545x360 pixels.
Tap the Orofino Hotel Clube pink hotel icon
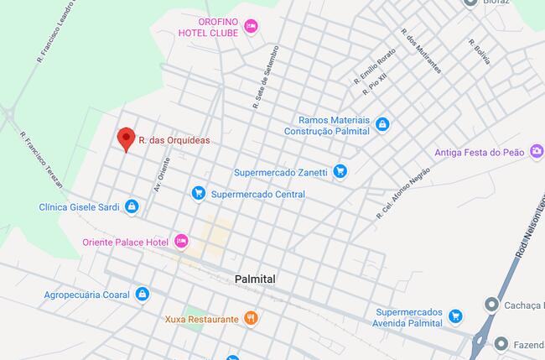[251, 27]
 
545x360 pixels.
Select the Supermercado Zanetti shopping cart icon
[340, 171]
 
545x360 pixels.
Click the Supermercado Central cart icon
[199, 194]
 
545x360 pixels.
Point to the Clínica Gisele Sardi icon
[132, 206]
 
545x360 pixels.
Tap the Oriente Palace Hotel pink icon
[181, 242]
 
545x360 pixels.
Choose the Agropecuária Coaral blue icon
[142, 295]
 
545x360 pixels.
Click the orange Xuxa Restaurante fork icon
[250, 319]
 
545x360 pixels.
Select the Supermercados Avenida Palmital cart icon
[455, 316]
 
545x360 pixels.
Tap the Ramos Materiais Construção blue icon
[382, 125]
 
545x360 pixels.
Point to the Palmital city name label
[256, 279]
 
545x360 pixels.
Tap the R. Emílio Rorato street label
[375, 67]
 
